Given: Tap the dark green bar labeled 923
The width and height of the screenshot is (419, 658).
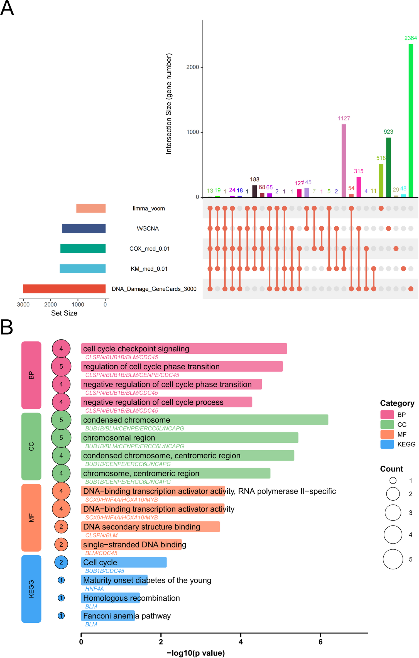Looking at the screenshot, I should (388, 167).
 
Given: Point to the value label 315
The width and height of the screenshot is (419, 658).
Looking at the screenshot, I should (359, 171).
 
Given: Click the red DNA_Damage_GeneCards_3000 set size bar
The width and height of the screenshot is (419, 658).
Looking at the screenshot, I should (64, 289).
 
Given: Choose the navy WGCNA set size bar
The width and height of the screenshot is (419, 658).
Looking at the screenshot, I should (84, 228).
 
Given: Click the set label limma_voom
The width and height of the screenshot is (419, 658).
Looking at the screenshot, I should (149, 209).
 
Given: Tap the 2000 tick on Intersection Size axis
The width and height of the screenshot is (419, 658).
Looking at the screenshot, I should (193, 67).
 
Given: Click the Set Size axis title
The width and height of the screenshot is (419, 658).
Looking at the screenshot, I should (64, 313).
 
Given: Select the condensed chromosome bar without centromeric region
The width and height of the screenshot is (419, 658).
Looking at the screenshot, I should (205, 420).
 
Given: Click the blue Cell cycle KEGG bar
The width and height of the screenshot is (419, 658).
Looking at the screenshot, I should (124, 562).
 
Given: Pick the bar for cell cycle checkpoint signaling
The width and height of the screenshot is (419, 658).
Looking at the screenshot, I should (184, 349).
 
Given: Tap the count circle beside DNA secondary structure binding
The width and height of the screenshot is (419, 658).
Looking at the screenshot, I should (61, 527).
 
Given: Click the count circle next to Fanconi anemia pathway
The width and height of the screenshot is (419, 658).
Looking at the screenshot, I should (61, 616).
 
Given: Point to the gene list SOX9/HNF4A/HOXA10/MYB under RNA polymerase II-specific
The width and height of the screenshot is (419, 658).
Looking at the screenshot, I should (121, 500).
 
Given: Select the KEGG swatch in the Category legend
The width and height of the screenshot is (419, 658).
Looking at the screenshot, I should (387, 444).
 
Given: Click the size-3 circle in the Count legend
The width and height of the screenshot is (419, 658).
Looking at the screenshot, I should (393, 513).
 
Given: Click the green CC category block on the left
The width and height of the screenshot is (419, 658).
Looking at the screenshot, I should (31, 446).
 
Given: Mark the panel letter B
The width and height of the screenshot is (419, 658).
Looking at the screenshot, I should (7, 327).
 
